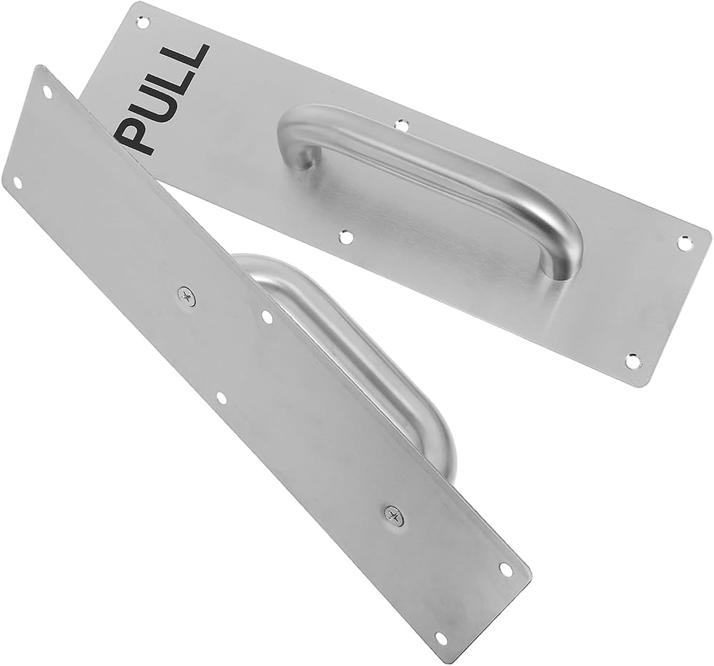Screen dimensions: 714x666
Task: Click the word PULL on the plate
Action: pyautogui.click(x=161, y=100)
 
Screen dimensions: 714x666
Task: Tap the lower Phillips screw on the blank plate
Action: pyautogui.click(x=393, y=516)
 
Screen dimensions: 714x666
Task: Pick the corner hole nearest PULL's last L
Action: pyautogui.click(x=144, y=21)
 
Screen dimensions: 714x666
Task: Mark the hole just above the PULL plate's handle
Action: pyautogui.click(x=401, y=124)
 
